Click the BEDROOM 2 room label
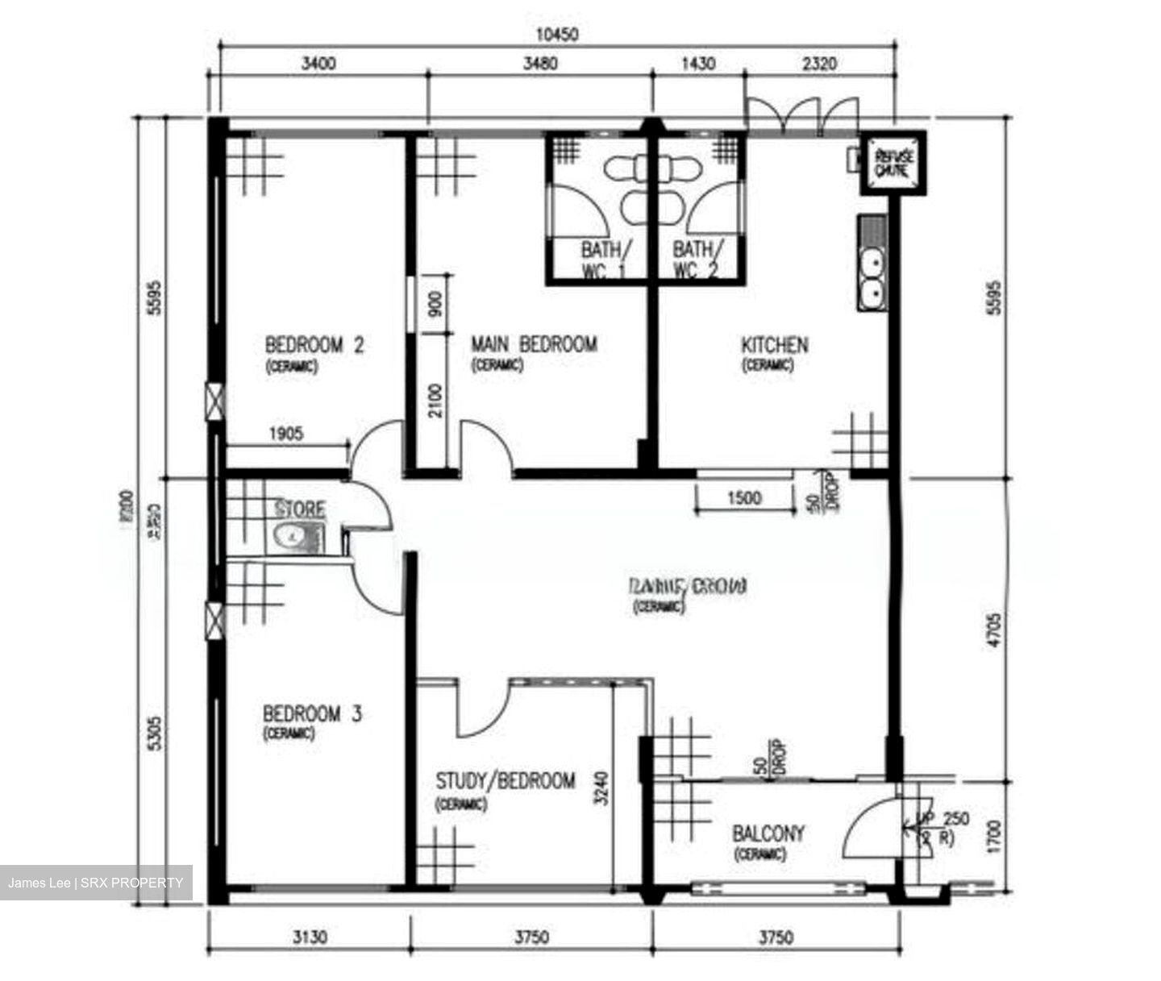pyautogui.click(x=314, y=346)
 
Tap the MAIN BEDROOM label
pyautogui.click(x=534, y=345)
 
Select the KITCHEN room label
pyautogui.click(x=774, y=346)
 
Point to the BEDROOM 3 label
pyautogui.click(x=312, y=714)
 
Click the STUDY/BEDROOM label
pyautogui.click(x=506, y=781)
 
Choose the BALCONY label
pyautogui.click(x=768, y=833)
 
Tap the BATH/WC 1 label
pyautogui.click(x=605, y=260)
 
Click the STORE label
pyautogui.click(x=300, y=509)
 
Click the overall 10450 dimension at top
pyautogui.click(x=557, y=35)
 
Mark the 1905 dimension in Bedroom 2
pyautogui.click(x=286, y=434)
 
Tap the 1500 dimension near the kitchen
pyautogui.click(x=743, y=498)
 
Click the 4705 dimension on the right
pyautogui.click(x=997, y=630)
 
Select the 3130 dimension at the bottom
pyautogui.click(x=310, y=937)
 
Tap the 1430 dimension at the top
pyautogui.click(x=698, y=64)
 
